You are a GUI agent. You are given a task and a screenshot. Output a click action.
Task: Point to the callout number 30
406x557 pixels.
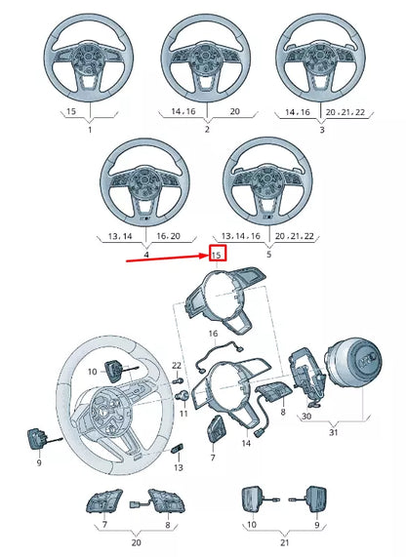point(305,416)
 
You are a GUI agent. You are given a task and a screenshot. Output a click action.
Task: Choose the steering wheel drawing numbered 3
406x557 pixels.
point(321,63)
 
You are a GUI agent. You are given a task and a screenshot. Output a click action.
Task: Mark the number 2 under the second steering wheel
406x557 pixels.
point(207,130)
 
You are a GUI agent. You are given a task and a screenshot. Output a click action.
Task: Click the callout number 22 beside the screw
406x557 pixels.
point(178,365)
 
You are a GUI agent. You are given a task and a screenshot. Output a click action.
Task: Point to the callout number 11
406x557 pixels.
point(183,414)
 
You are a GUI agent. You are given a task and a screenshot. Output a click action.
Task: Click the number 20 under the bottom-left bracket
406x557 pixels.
point(136,542)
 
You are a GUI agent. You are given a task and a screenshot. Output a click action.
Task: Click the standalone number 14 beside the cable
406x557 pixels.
point(246,443)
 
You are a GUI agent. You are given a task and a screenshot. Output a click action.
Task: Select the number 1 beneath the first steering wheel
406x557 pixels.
point(90,130)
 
